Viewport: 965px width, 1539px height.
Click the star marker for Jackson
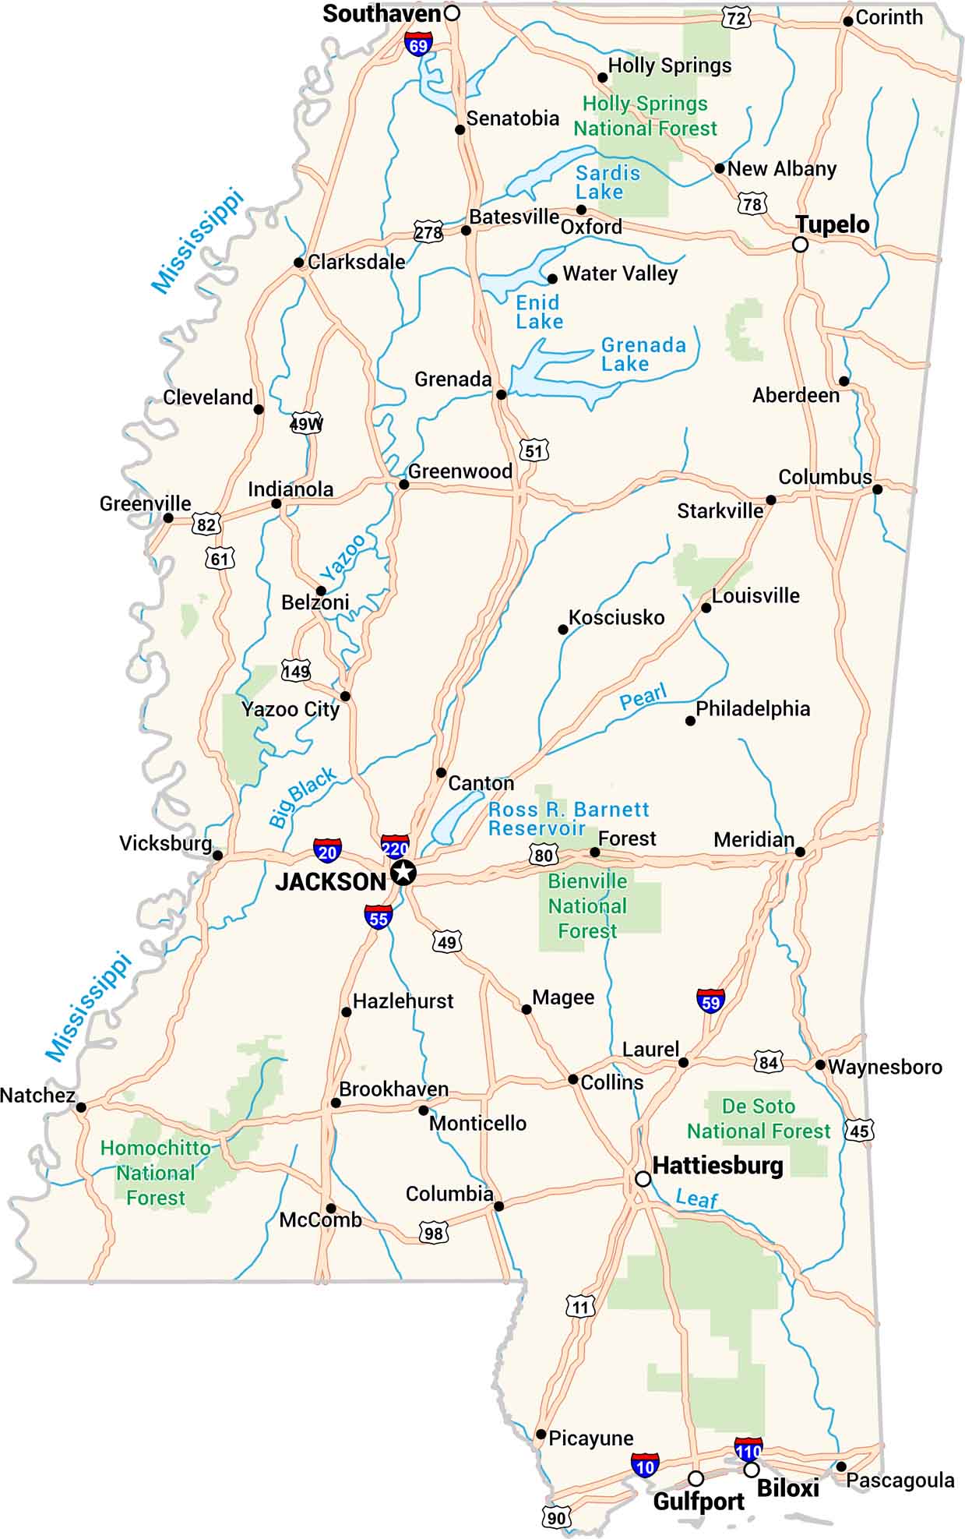pyautogui.click(x=402, y=873)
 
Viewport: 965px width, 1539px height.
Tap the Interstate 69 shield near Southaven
pyautogui.click(x=418, y=44)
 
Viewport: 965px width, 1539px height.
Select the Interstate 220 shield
pyautogui.click(x=395, y=847)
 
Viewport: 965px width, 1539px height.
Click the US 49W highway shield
pyautogui.click(x=306, y=424)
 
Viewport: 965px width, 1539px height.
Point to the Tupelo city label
pyautogui.click(x=832, y=225)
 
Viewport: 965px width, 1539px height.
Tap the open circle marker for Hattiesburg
pyautogui.click(x=643, y=1179)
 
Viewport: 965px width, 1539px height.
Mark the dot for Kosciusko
pyautogui.click(x=563, y=630)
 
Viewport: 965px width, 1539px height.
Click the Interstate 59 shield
pyautogui.click(x=710, y=1001)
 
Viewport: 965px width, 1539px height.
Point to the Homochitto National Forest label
pyautogui.click(x=155, y=1173)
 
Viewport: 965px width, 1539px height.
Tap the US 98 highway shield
pyautogui.click(x=433, y=1233)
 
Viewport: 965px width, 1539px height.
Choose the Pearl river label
pyautogui.click(x=643, y=697)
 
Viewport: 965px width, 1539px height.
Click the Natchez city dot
pyautogui.click(x=81, y=1107)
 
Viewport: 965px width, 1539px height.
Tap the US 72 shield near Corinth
pyautogui.click(x=735, y=16)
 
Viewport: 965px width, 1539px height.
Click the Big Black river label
pyautogui.click(x=302, y=796)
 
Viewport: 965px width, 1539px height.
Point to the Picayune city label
pyautogui.click(x=590, y=1438)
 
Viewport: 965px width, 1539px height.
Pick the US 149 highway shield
pyautogui.click(x=296, y=670)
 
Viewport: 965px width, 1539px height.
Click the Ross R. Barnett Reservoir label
pyautogui.click(x=568, y=819)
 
